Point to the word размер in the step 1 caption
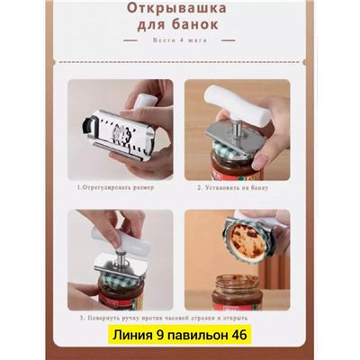click(x=141, y=187)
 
